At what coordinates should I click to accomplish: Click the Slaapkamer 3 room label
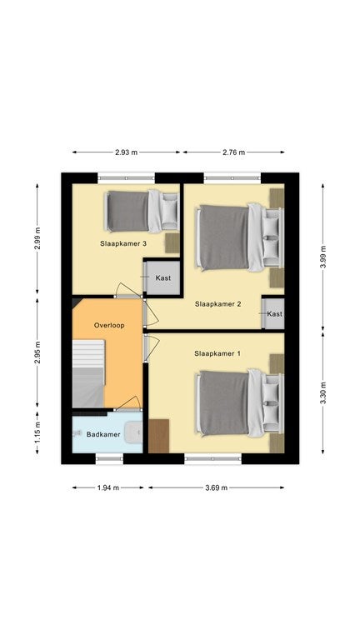[123, 243]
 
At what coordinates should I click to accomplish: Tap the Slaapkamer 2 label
[218, 304]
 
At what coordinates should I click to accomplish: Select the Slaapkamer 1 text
[217, 353]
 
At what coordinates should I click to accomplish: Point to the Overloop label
[109, 325]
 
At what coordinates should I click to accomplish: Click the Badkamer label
[103, 434]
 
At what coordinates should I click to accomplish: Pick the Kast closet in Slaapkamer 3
[162, 277]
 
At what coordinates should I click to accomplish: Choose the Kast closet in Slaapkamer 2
[274, 313]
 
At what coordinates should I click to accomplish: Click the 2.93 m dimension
[126, 152]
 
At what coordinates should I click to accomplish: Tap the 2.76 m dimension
[234, 152]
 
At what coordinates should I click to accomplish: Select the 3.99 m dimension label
[322, 257]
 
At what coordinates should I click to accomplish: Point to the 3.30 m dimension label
[322, 392]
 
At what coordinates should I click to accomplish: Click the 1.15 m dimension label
[37, 432]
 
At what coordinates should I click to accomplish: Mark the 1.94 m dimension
[108, 487]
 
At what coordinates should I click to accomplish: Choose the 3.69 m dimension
[217, 487]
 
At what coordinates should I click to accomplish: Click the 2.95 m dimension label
[37, 352]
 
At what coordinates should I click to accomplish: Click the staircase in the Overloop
[88, 373]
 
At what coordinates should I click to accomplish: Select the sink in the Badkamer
[133, 432]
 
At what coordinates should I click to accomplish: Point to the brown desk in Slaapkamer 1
[159, 436]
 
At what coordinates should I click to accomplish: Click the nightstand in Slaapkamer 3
[172, 243]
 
